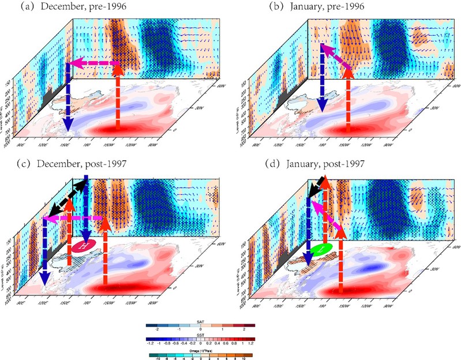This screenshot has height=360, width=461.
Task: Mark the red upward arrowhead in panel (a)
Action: [118, 69]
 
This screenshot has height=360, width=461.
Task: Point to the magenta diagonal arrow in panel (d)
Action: [325, 213]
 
